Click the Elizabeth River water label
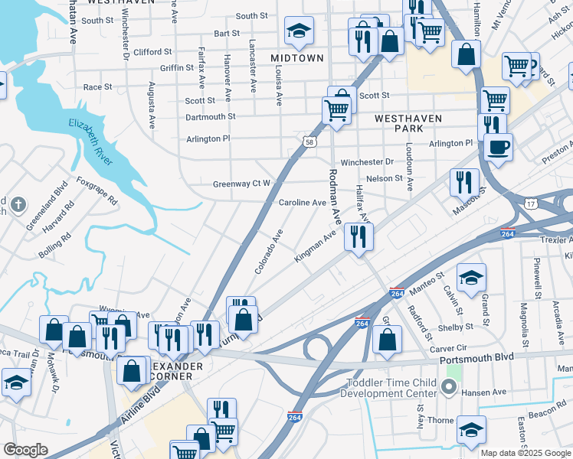click(90, 142)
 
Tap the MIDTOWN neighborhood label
click(298, 58)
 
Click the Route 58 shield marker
click(309, 142)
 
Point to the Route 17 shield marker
click(531, 204)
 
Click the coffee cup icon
click(499, 145)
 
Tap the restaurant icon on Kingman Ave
click(358, 236)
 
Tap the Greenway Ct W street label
click(241, 184)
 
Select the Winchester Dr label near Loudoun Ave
click(367, 162)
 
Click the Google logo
click(26, 450)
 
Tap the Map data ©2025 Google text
click(526, 453)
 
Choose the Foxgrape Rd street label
click(97, 191)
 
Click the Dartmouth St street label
click(211, 117)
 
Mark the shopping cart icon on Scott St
click(337, 109)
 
